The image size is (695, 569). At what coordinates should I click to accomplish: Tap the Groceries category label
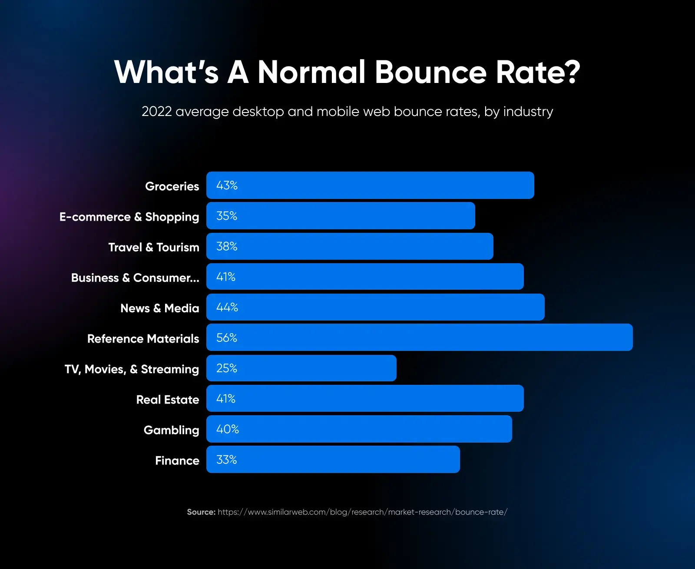pyautogui.click(x=172, y=186)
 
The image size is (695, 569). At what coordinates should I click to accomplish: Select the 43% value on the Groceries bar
pyautogui.click(x=227, y=185)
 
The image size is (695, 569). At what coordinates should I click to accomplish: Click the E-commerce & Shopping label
pyautogui.click(x=129, y=217)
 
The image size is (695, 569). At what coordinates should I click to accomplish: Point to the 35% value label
pyautogui.click(x=227, y=216)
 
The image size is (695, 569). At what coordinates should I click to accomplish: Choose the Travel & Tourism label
pyautogui.click(x=154, y=247)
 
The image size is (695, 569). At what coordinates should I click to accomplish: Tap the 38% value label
pyautogui.click(x=227, y=246)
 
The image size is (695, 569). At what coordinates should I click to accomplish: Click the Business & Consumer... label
pyautogui.click(x=135, y=278)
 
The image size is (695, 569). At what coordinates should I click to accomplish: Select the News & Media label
pyautogui.click(x=159, y=308)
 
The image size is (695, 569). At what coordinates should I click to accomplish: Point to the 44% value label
pyautogui.click(x=227, y=307)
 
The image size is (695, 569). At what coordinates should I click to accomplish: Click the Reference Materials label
pyautogui.click(x=143, y=338)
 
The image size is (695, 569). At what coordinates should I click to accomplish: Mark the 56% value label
pyautogui.click(x=227, y=337)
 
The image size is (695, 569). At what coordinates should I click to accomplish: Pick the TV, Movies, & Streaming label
pyautogui.click(x=132, y=369)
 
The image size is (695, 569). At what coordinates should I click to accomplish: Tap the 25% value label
pyautogui.click(x=227, y=368)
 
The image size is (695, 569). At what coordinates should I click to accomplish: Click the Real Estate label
pyautogui.click(x=168, y=400)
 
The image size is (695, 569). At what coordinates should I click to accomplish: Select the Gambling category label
pyautogui.click(x=171, y=430)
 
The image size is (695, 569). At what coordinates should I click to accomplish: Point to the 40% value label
pyautogui.click(x=228, y=429)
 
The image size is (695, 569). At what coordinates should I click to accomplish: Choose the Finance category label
pyautogui.click(x=177, y=460)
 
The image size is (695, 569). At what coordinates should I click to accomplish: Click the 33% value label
pyautogui.click(x=227, y=460)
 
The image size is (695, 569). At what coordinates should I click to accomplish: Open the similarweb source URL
pyautogui.click(x=362, y=512)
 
